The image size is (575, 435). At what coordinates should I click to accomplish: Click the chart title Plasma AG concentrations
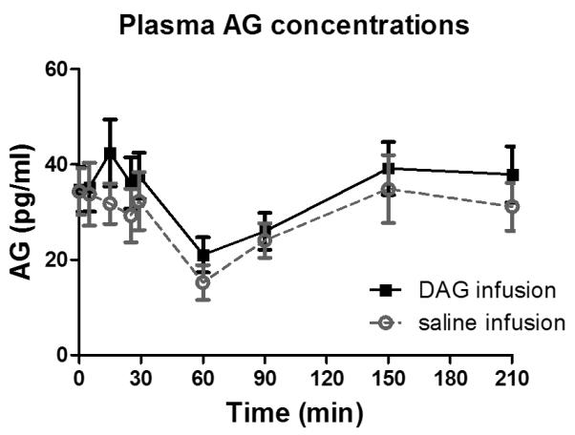(293, 25)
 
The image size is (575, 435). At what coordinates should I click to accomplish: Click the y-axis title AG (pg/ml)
(25, 212)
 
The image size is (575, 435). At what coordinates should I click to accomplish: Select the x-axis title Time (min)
(294, 414)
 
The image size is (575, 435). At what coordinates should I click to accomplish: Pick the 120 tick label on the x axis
(327, 377)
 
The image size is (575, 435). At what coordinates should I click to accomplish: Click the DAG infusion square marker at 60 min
(202, 255)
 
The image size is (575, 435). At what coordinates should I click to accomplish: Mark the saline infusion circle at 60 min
(202, 281)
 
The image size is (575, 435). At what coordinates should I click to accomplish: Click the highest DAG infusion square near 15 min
(110, 153)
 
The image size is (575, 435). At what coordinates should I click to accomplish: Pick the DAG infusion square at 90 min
(265, 231)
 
